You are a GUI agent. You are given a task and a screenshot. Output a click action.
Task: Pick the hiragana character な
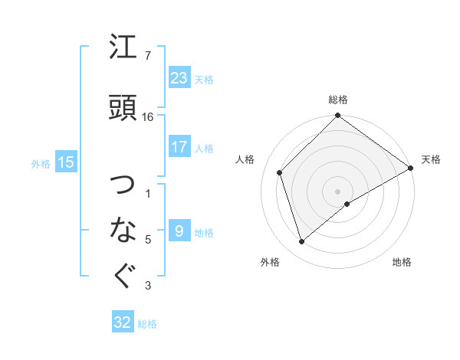pos(124,230)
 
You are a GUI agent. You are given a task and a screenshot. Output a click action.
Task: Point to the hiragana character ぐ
pos(124,276)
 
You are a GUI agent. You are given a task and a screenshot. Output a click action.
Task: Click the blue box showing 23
pos(179,78)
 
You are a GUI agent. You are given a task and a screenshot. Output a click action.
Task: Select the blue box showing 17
pos(179,147)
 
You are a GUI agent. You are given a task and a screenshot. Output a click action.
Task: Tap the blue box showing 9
pos(179,231)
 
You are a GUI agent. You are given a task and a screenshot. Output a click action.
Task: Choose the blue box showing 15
pos(65,162)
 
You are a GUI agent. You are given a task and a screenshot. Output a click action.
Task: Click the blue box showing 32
pos(123,322)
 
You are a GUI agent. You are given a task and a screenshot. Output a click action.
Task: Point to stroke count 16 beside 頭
pos(148,117)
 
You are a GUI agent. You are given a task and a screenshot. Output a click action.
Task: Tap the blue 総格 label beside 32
pos(147,324)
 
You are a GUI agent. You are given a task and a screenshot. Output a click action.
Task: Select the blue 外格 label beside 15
pos(41,163)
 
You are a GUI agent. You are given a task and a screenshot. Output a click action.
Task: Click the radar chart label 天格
pos(431,159)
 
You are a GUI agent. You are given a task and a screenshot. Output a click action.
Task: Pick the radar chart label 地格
pos(402,262)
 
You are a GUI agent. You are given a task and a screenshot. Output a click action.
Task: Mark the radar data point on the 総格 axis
pos(337,116)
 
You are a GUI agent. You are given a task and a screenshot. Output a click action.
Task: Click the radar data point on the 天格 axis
pos(411,168)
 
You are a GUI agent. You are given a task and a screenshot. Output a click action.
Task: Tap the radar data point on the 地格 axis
pos(347,204)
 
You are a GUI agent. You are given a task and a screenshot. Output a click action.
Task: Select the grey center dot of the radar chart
pos(337,191)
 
